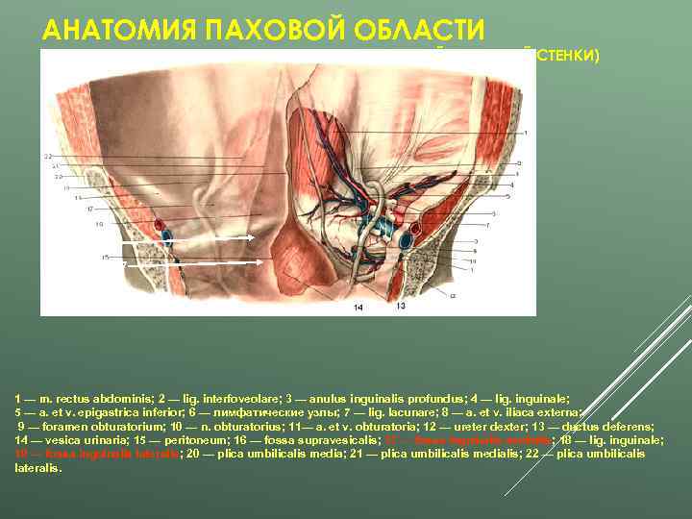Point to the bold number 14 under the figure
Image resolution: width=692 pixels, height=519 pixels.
[358, 307]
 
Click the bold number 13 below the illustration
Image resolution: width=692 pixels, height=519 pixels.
[401, 306]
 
